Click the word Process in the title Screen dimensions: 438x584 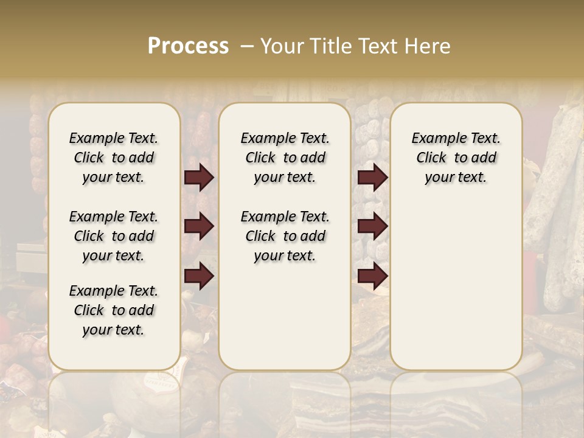[x=188, y=46]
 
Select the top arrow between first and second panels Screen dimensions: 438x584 [x=199, y=178]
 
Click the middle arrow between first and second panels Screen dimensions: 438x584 [x=199, y=227]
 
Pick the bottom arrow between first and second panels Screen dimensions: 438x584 [x=199, y=277]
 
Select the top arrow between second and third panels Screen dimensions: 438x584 [x=372, y=178]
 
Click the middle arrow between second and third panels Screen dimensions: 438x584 [x=372, y=227]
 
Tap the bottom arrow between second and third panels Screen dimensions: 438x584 [x=372, y=277]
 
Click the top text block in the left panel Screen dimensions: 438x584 [x=114, y=158]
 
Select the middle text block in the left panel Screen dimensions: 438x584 [x=114, y=236]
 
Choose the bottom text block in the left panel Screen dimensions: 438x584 [x=114, y=310]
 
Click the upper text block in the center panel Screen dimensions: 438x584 [x=285, y=158]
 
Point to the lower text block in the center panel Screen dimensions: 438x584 [x=285, y=236]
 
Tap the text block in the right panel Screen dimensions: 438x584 [x=456, y=158]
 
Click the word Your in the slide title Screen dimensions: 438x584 [x=278, y=46]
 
